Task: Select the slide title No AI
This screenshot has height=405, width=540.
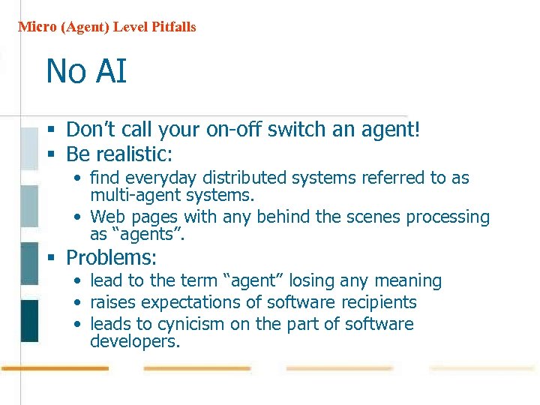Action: point(86,72)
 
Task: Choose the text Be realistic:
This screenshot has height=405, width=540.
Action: point(119,154)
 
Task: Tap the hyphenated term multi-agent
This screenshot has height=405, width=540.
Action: point(130,195)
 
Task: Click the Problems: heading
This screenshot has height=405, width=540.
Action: point(112,258)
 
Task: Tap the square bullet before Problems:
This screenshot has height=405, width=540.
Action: point(52,259)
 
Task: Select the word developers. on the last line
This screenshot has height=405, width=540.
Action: point(135,342)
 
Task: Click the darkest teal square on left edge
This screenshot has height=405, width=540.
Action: point(29,320)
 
